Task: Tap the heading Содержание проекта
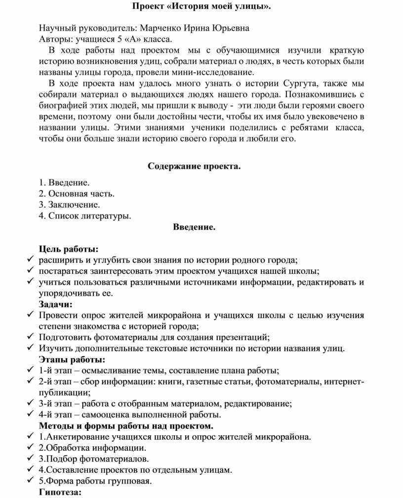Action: (x=194, y=166)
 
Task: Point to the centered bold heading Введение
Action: (x=194, y=227)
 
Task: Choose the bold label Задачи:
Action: (x=55, y=304)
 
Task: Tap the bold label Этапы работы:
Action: (x=72, y=360)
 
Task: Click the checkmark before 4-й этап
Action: (x=31, y=414)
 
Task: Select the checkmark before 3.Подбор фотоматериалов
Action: (x=31, y=459)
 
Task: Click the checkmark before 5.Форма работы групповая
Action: (x=31, y=481)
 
